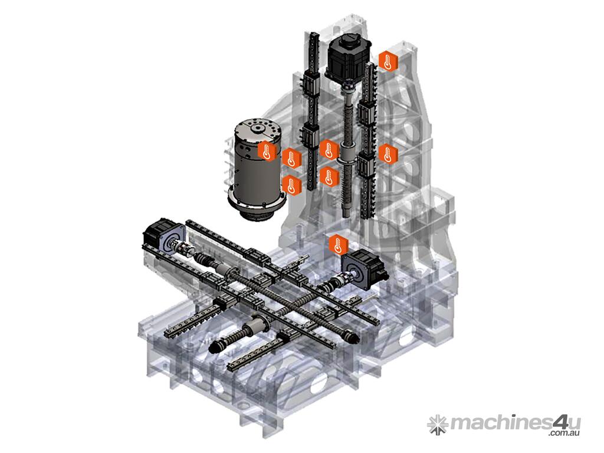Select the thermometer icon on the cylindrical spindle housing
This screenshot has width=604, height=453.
pyautogui.click(x=267, y=150)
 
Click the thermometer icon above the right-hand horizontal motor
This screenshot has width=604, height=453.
pyautogui.click(x=338, y=244)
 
